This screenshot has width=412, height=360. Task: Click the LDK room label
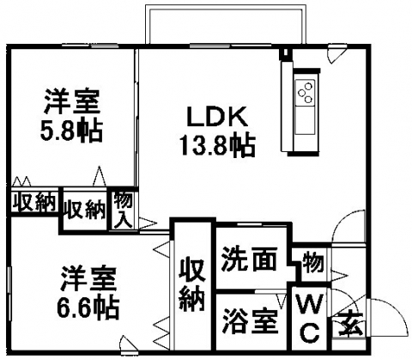(217, 117)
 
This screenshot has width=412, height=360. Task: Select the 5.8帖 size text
(71, 131)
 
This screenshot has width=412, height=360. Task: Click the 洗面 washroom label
(250, 259)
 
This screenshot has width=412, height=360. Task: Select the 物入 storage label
(123, 210)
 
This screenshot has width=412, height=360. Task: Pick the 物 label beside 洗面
(314, 262)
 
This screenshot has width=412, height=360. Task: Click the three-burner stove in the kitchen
(305, 91)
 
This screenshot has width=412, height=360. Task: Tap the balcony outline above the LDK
(226, 7)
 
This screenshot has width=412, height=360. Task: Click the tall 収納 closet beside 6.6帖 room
(192, 284)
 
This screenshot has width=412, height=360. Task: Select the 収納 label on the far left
(33, 203)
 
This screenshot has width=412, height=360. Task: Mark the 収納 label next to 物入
(85, 210)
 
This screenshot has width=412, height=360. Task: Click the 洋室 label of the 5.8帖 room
(72, 101)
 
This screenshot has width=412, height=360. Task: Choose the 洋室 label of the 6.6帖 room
(88, 278)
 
